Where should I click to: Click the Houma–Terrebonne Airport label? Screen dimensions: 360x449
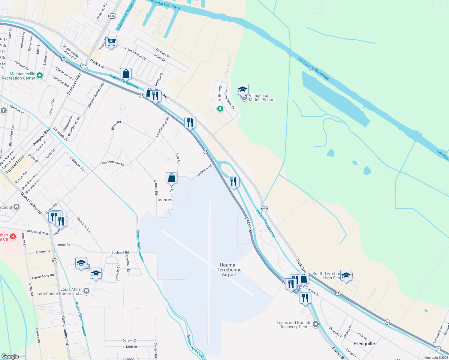point(229,270)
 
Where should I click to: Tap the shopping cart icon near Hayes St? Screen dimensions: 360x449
point(111,42)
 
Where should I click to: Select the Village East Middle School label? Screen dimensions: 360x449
point(262,97)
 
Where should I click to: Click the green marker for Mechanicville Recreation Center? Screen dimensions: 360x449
point(40,76)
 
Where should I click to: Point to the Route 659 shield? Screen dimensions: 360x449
point(264,208)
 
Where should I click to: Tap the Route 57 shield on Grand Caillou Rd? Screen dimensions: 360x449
point(55,261)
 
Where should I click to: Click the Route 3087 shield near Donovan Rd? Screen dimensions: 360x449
point(112,16)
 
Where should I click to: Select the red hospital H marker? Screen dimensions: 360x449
point(13,237)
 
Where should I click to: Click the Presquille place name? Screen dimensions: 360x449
point(364,343)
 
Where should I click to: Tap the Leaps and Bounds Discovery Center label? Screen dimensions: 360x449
point(294,325)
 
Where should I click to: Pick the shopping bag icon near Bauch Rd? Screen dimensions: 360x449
point(171,178)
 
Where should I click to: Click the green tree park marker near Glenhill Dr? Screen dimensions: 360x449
point(220,109)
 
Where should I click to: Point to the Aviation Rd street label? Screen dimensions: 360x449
point(205,170)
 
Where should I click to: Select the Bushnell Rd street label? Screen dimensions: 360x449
point(120,252)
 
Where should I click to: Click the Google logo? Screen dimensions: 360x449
point(10,356)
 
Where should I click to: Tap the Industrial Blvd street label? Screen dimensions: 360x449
point(38,232)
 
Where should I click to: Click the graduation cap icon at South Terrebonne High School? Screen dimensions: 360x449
point(346,275)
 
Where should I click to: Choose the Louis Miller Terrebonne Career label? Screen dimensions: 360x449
point(59,291)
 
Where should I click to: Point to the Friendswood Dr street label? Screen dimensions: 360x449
point(135,54)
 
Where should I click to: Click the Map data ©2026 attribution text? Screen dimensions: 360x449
point(436,358)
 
